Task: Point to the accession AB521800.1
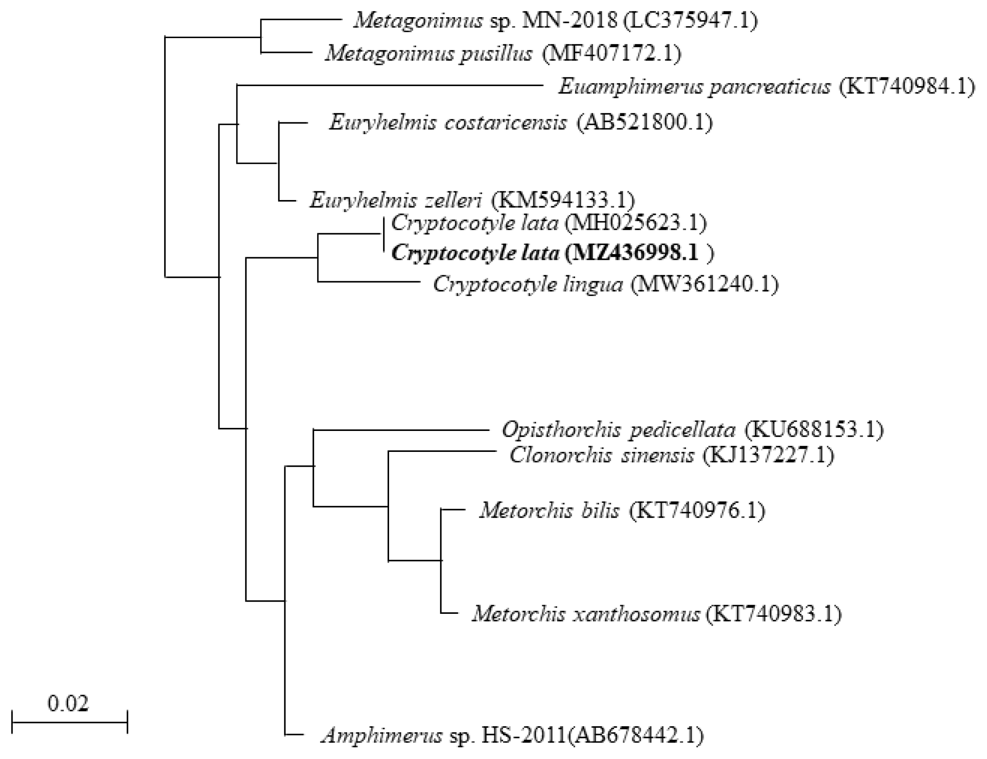(x=644, y=122)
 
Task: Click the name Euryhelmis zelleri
(x=396, y=200)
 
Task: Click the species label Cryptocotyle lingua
(x=528, y=284)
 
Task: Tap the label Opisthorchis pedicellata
(x=618, y=430)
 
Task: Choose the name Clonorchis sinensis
(x=601, y=455)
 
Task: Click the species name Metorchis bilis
(x=549, y=511)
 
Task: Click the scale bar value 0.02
(x=68, y=703)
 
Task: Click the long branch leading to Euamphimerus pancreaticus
(x=389, y=85)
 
